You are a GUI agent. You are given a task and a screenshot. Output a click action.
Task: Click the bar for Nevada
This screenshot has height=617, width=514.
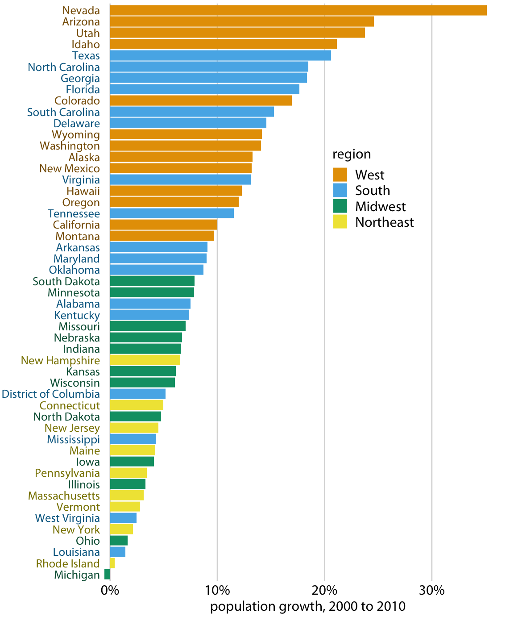[x=298, y=10]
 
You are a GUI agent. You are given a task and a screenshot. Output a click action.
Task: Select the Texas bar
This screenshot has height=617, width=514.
[x=220, y=55]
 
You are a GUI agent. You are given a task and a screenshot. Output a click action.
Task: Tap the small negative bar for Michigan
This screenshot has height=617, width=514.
[x=107, y=575]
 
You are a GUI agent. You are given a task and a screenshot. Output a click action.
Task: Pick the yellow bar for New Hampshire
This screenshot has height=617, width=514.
[x=145, y=360]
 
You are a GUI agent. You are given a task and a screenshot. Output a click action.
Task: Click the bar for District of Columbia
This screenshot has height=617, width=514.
[x=137, y=394]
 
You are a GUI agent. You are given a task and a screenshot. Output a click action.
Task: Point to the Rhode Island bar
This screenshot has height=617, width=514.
[x=112, y=563]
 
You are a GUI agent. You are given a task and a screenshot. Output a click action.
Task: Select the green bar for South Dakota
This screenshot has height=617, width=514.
[x=152, y=281]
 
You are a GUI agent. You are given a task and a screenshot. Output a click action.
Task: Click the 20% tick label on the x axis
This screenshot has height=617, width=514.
[x=324, y=591]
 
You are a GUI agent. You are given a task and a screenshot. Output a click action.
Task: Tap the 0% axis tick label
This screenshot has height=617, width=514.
[x=110, y=591]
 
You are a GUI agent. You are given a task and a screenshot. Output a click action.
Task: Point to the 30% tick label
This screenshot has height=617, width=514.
[x=432, y=591]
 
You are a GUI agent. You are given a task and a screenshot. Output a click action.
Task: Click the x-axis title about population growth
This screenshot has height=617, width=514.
[x=308, y=606]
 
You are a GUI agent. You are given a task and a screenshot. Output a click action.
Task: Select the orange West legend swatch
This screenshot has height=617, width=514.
[x=340, y=175]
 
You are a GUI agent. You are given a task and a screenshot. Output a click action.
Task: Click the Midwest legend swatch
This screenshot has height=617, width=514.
[x=340, y=206]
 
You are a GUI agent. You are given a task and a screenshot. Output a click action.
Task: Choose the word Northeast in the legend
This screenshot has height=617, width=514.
[x=384, y=222]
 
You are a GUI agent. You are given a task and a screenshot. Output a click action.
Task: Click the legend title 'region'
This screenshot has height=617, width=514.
[x=352, y=154]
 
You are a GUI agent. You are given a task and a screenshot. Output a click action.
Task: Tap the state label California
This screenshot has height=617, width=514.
[x=76, y=225]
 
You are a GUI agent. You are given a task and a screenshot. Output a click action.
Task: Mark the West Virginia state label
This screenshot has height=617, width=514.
[x=67, y=518]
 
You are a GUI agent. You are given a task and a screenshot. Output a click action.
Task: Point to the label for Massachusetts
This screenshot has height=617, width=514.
[x=64, y=496]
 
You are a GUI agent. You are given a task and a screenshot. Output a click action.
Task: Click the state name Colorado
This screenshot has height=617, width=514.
[x=77, y=101]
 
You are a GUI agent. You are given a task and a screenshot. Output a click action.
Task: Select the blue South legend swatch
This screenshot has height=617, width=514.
[x=340, y=191]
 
